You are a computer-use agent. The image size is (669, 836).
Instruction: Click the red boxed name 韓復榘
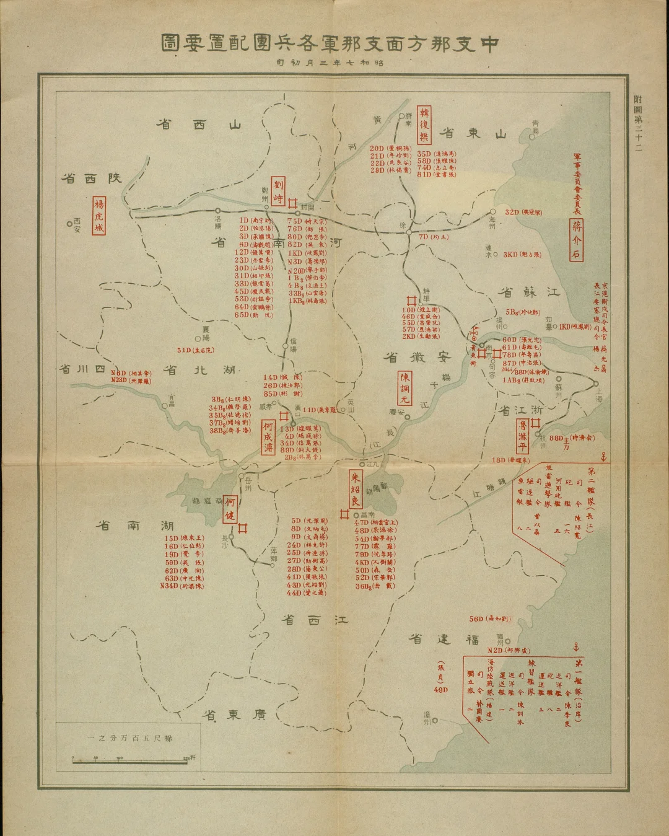point(425,125)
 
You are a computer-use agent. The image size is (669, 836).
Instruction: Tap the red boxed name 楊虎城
point(98,216)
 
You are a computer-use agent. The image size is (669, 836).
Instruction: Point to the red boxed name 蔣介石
point(577,240)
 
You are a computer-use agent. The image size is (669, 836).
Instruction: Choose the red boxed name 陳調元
point(404,387)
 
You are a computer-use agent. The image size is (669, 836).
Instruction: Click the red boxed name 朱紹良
point(356,488)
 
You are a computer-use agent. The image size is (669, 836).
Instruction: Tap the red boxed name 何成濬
point(268,438)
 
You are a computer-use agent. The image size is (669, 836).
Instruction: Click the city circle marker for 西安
point(69,224)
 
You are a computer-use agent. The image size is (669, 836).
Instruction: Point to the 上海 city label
point(598,399)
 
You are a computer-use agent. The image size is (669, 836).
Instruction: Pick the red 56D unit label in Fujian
point(476,619)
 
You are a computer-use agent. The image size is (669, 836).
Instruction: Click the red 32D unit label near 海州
point(512,212)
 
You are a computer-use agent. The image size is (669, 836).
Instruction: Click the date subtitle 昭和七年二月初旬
point(334,63)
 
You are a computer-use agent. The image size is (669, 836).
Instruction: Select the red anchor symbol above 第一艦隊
point(575,647)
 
